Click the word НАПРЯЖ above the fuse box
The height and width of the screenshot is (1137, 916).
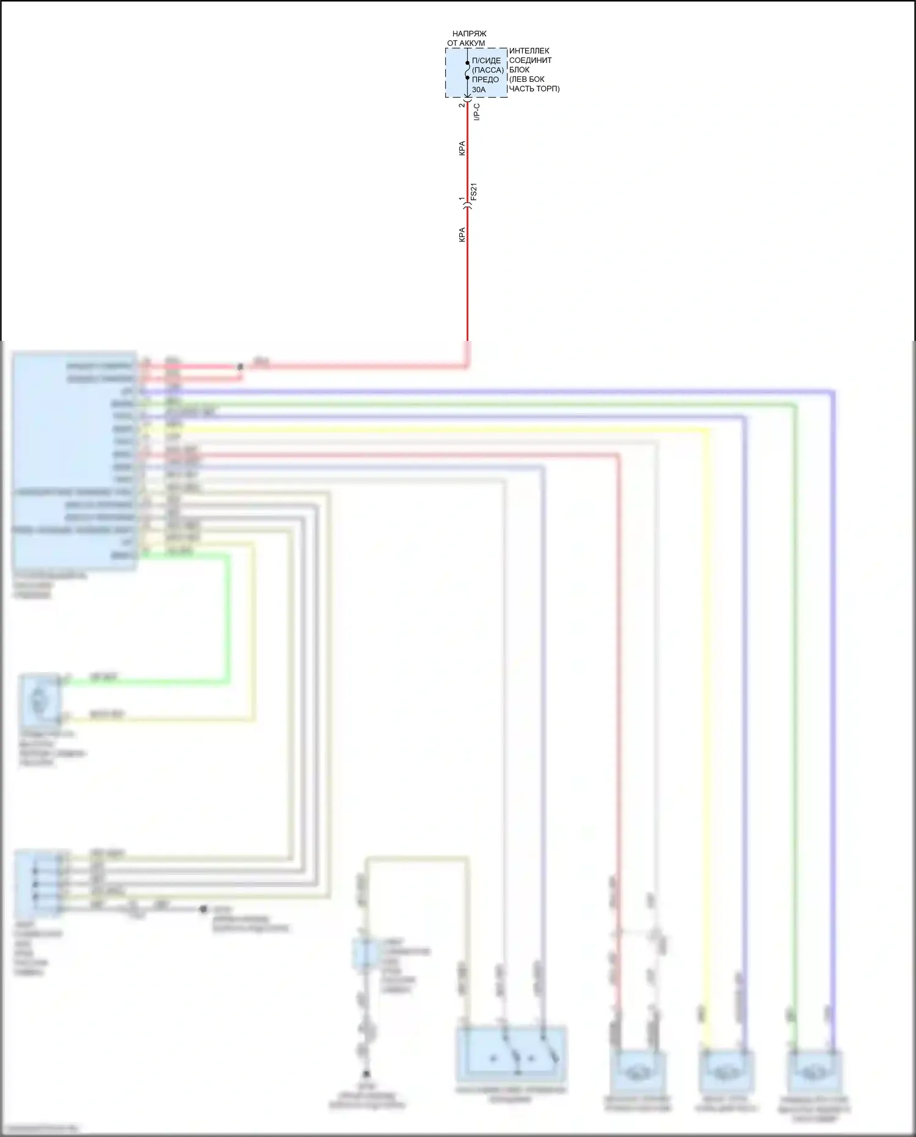tap(469, 34)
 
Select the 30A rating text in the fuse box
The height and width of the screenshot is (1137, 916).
tap(479, 90)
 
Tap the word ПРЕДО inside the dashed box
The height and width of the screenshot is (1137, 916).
tap(485, 80)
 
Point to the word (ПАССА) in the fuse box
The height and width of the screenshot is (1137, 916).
tap(487, 70)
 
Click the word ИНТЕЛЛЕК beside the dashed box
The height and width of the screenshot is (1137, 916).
tap(529, 51)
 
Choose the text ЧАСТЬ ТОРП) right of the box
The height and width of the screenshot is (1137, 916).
tap(534, 89)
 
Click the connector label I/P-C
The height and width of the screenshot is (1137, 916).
tap(477, 111)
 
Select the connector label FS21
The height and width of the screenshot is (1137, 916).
tap(474, 192)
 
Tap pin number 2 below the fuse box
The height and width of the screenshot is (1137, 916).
tap(462, 105)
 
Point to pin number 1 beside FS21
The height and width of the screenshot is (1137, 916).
tap(462, 199)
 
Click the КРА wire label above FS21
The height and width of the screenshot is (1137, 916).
tap(462, 148)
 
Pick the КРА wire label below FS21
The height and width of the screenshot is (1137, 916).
tap(462, 235)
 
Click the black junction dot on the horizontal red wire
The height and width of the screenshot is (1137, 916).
tap(240, 367)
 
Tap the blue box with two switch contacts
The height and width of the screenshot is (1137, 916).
tap(511, 1055)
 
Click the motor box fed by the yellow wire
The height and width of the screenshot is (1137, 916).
tap(727, 1070)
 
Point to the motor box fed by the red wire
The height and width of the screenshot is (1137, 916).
tap(636, 1070)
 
